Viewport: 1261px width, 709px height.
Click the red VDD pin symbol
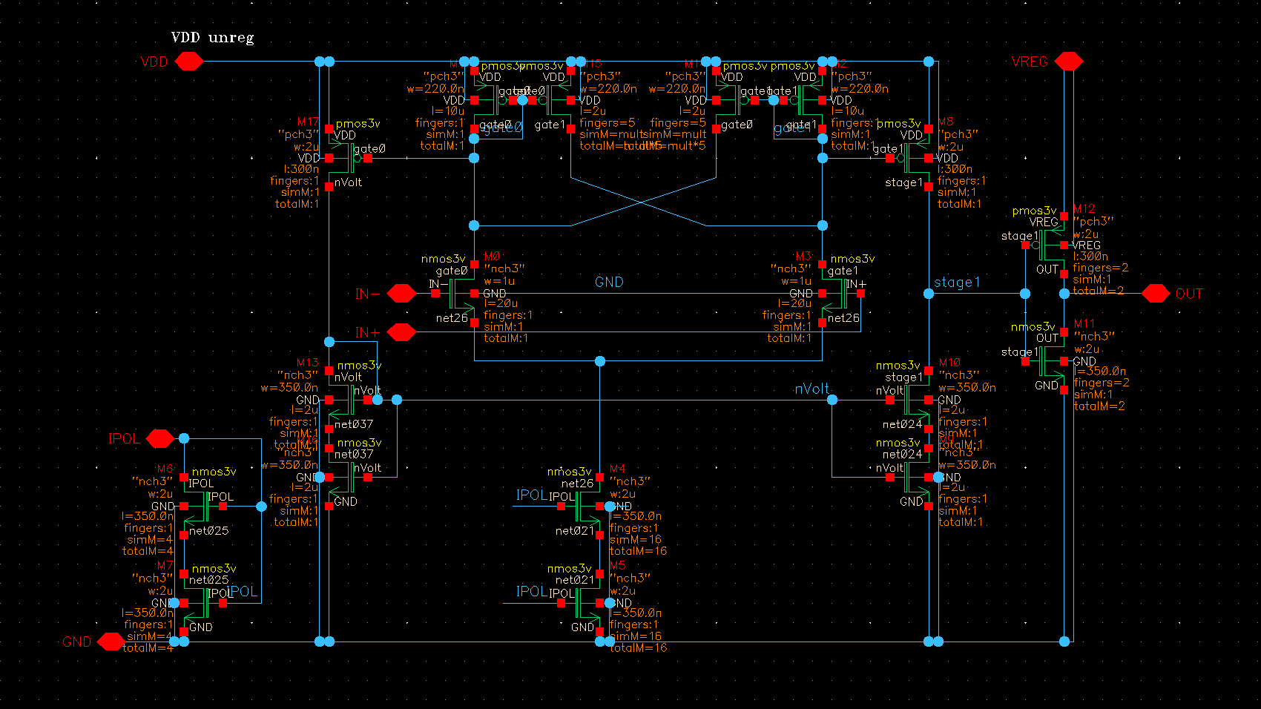pyautogui.click(x=189, y=62)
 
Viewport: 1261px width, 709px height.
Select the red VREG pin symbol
pyautogui.click(x=1068, y=62)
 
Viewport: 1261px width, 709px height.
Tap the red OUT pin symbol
pyautogui.click(x=1155, y=294)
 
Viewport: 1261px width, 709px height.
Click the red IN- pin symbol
pyautogui.click(x=401, y=294)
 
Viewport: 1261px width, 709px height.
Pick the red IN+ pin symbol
pyautogui.click(x=401, y=332)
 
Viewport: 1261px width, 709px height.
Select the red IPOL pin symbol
pyautogui.click(x=160, y=438)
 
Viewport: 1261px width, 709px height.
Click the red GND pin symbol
pyautogui.click(x=111, y=642)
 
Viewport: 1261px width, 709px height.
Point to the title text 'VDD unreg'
pyautogui.click(x=212, y=37)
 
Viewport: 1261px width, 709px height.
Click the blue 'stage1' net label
pyautogui.click(x=957, y=282)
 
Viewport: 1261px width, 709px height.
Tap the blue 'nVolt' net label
pyautogui.click(x=811, y=389)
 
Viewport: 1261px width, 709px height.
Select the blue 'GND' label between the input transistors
pyautogui.click(x=609, y=282)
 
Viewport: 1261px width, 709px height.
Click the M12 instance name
pyautogui.click(x=1084, y=209)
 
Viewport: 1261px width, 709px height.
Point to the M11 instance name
pyautogui.click(x=1084, y=324)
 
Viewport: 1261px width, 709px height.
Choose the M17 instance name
pyautogui.click(x=308, y=122)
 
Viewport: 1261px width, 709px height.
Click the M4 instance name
pyautogui.click(x=617, y=469)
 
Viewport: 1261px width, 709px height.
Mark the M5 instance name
pyautogui.click(x=617, y=565)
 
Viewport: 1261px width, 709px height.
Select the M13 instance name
pyautogui.click(x=307, y=363)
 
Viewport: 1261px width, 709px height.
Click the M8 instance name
pyautogui.click(x=946, y=122)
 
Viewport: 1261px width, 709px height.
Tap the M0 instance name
pyautogui.click(x=492, y=257)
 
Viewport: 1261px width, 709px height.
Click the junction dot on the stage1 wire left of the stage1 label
pyautogui.click(x=929, y=294)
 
